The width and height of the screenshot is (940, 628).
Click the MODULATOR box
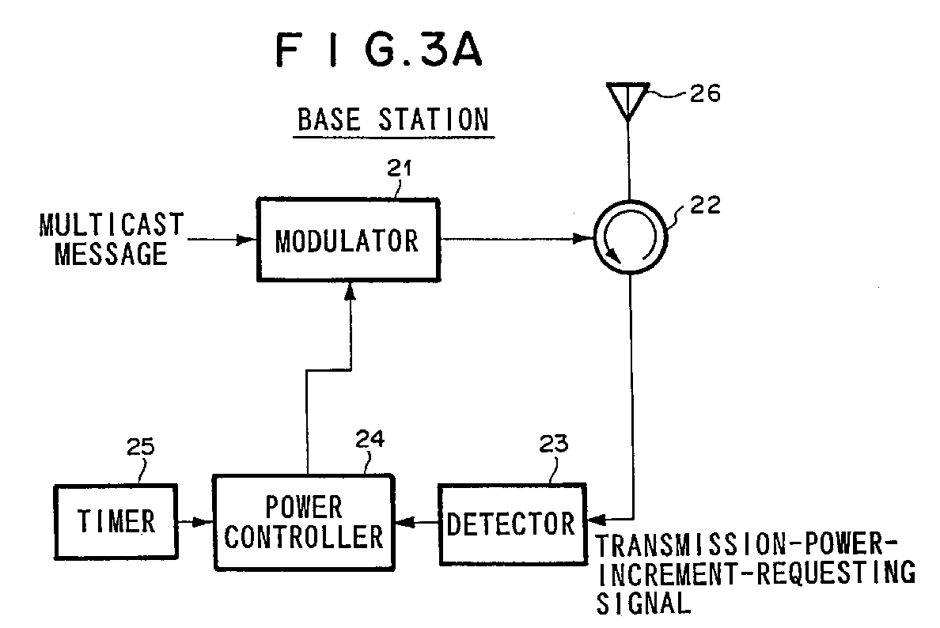[x=347, y=240]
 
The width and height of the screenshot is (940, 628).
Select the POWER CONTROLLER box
[x=303, y=522]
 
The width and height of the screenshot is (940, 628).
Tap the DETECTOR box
[x=510, y=523]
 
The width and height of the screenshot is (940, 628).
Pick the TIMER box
[x=116, y=521]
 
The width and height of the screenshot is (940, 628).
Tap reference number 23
[x=553, y=444]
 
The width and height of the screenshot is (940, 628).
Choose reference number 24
[x=370, y=439]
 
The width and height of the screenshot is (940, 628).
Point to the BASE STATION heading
[x=392, y=120]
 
